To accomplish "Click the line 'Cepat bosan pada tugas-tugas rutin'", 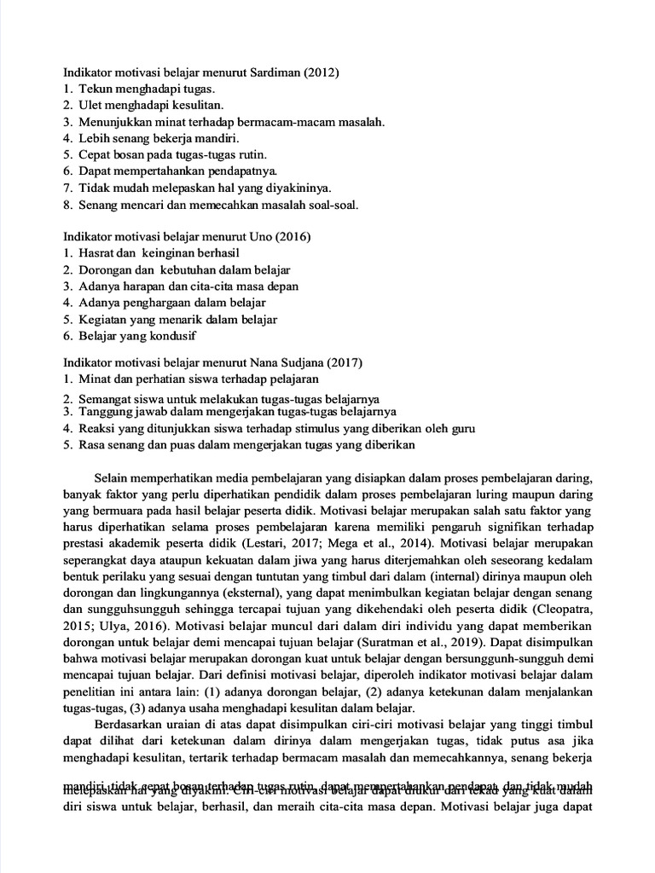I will pos(173,154).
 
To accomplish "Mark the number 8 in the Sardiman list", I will pos(67,204).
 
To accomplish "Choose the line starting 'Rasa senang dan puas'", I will pos(246,444).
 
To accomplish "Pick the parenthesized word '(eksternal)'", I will pos(243,593).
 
